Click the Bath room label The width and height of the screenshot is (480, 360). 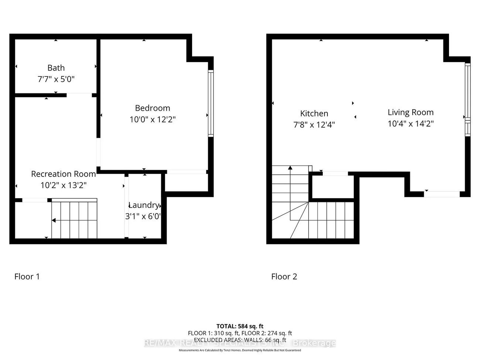click(x=56, y=68)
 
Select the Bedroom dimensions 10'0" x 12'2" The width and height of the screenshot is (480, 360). click(x=152, y=120)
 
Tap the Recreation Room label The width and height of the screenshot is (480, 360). click(x=64, y=174)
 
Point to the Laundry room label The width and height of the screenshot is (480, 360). click(x=144, y=205)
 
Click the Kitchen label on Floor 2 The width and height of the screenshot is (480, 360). click(x=314, y=114)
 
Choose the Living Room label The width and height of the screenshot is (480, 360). click(x=411, y=112)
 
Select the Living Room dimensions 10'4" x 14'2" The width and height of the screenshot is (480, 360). click(x=411, y=124)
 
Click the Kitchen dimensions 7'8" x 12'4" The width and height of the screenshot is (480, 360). click(x=314, y=125)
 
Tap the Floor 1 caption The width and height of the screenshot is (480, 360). click(x=27, y=277)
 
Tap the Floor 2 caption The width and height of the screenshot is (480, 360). click(x=284, y=277)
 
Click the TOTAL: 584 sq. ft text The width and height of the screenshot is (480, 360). click(x=240, y=326)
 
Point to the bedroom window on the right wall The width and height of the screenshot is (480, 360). click(x=210, y=103)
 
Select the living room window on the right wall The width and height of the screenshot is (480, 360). click(x=467, y=100)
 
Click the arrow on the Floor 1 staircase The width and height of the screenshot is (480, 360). click(x=54, y=220)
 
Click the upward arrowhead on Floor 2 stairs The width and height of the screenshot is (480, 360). click(x=290, y=168)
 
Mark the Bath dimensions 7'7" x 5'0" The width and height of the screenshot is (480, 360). click(x=56, y=79)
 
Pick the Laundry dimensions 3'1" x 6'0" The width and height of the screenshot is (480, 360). click(x=143, y=216)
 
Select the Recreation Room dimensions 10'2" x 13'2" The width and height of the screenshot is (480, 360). click(x=64, y=185)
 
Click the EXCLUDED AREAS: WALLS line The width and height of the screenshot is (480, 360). click(x=240, y=340)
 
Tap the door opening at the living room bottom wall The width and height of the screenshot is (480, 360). click(x=442, y=194)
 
